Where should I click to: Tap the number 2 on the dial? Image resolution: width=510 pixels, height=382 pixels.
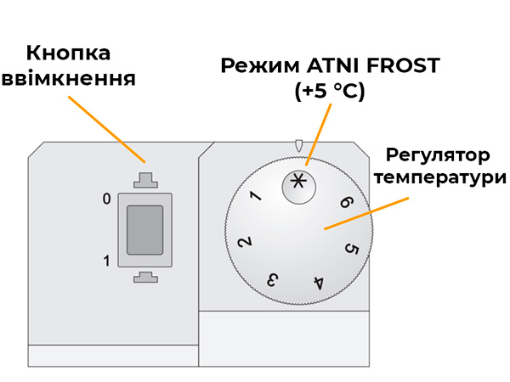(x=244, y=242)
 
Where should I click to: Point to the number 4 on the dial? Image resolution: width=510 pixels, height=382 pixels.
(x=318, y=282)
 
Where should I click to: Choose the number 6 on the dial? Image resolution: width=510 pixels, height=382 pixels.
(x=345, y=203)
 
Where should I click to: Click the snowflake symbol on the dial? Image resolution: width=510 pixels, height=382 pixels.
(x=297, y=181)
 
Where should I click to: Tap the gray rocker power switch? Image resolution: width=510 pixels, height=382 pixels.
(x=144, y=229)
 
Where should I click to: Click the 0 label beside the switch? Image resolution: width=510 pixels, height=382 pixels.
(x=106, y=199)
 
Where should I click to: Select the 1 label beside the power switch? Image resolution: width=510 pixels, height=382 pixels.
(x=106, y=261)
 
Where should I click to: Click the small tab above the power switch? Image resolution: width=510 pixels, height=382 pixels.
(x=144, y=180)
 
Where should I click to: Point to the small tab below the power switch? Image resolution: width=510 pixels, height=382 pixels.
(x=144, y=277)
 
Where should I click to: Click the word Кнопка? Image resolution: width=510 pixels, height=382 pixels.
(x=69, y=53)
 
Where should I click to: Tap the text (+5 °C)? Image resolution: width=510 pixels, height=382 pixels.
(x=330, y=92)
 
